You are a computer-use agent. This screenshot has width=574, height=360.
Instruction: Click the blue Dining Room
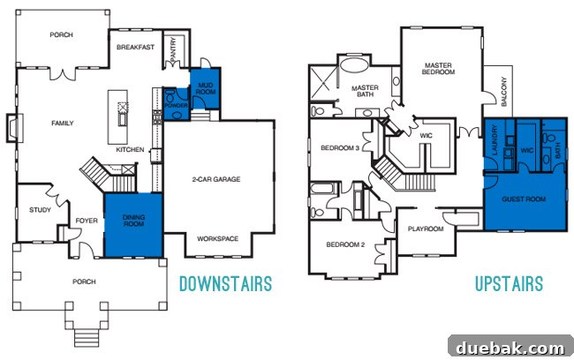[x=133, y=225]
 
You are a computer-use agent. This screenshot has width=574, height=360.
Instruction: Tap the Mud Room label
[x=206, y=88]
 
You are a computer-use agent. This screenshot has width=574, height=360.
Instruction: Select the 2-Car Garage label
[x=216, y=179]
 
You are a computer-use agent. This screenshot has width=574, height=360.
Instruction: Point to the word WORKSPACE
[x=218, y=238]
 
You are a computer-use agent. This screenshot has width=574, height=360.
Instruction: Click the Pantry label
[x=173, y=49]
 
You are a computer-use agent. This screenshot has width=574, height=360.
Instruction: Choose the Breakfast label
[x=135, y=47]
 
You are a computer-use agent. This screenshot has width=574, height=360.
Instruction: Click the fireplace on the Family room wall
[x=14, y=128]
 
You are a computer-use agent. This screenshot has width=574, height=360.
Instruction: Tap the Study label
[x=40, y=210]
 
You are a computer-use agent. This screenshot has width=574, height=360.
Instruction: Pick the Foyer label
[x=87, y=221]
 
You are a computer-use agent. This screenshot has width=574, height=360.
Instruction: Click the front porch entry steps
[x=87, y=337]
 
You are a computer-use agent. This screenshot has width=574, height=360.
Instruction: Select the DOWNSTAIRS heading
[x=225, y=284]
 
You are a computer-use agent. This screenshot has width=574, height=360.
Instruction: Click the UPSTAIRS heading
[x=509, y=284]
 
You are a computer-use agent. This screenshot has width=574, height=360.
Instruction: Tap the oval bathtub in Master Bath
[x=354, y=65]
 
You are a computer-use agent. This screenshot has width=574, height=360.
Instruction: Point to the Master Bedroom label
[x=438, y=69]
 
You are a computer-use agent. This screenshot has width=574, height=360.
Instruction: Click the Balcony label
[x=504, y=92]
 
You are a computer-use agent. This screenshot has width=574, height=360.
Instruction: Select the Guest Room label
[x=524, y=199]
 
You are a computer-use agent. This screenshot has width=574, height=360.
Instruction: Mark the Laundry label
[x=495, y=140]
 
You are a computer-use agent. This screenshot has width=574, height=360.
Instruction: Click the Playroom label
[x=426, y=229]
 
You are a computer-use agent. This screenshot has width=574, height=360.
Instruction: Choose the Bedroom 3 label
[x=340, y=148]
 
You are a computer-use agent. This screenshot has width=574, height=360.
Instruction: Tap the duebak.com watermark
[x=510, y=348]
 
